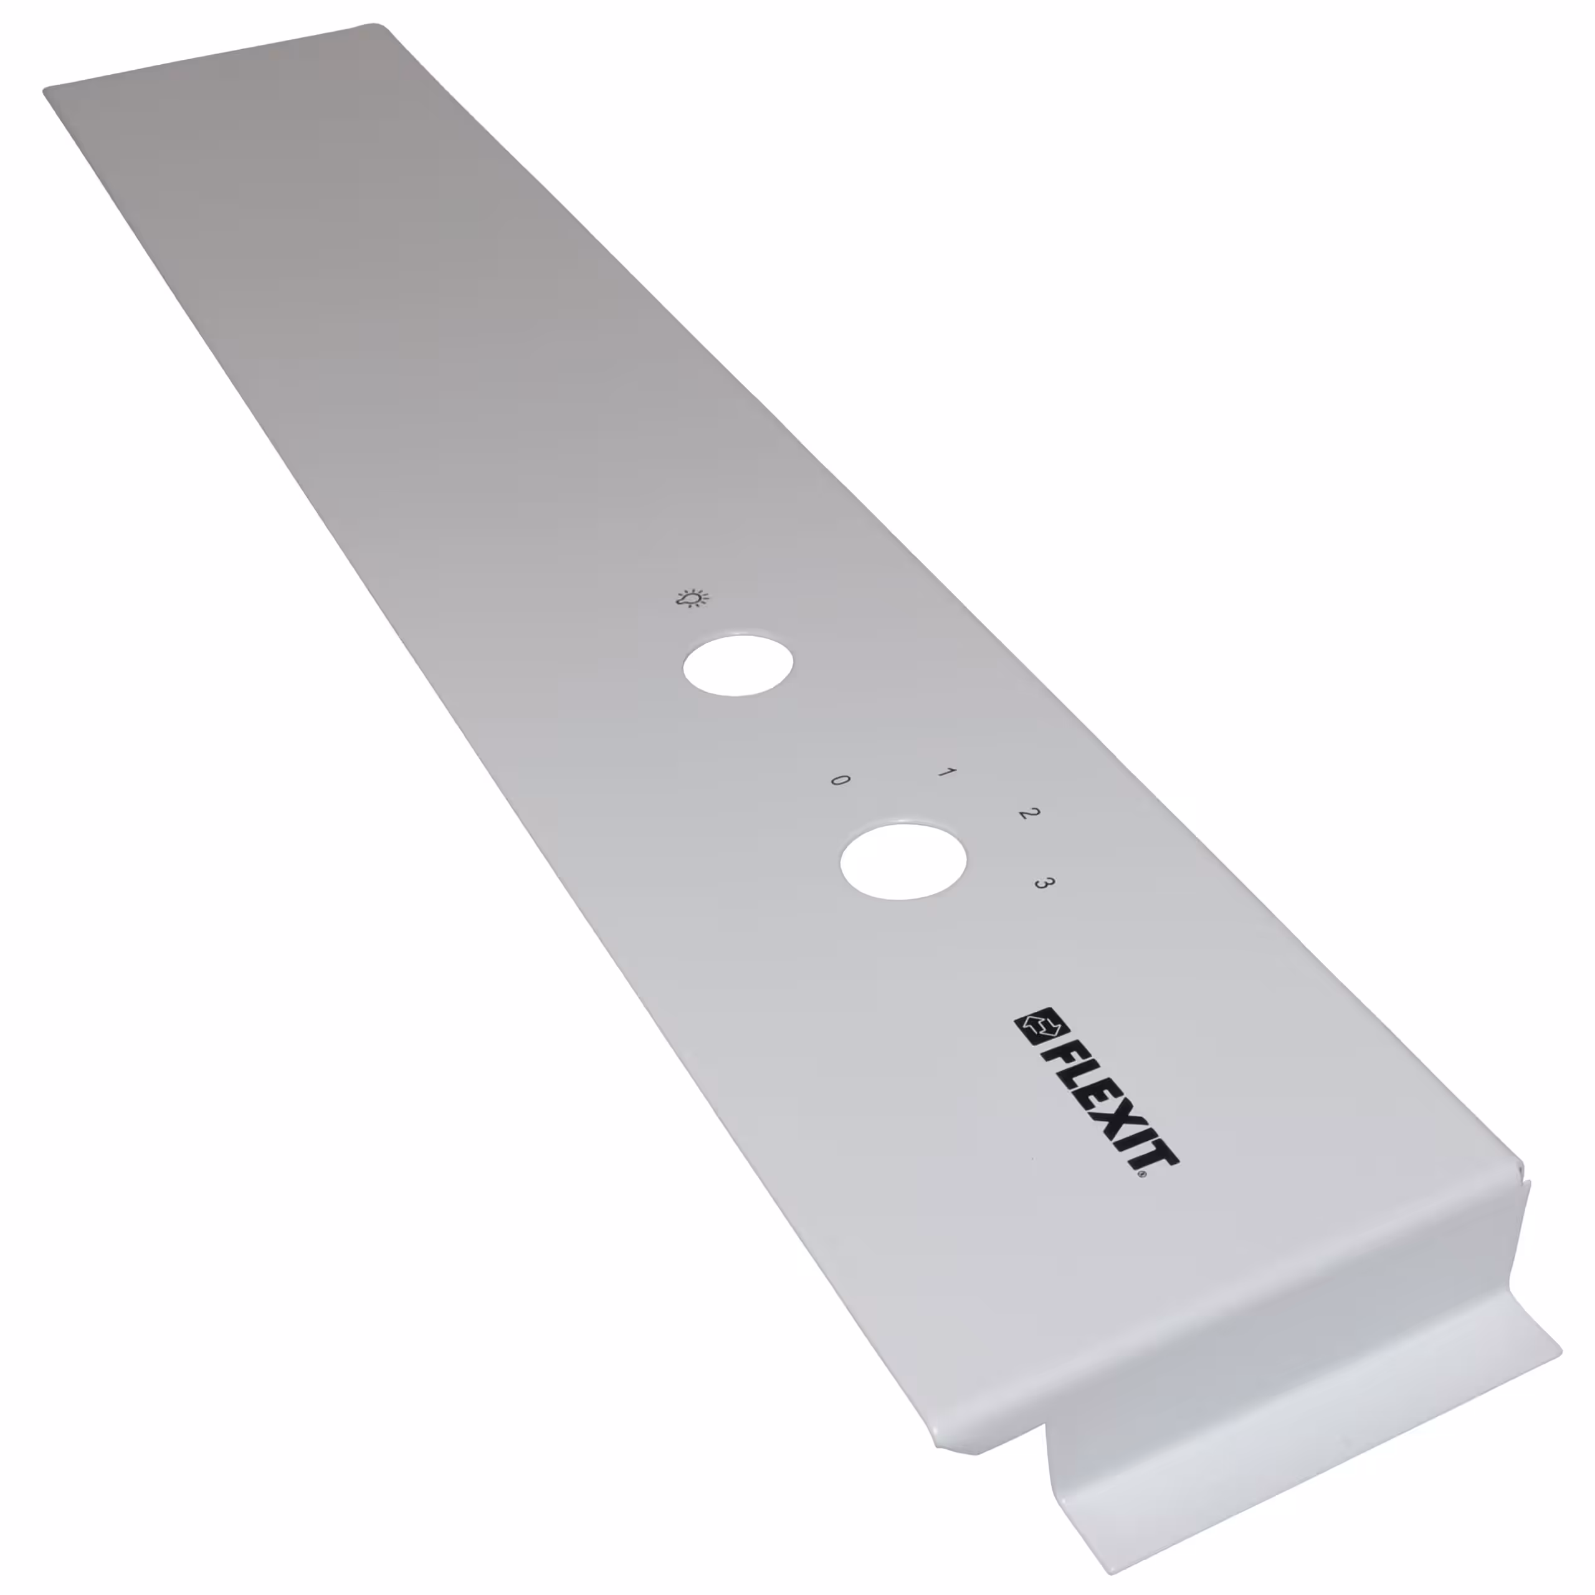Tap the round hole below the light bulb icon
tap(739, 665)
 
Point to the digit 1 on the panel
tap(946, 774)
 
